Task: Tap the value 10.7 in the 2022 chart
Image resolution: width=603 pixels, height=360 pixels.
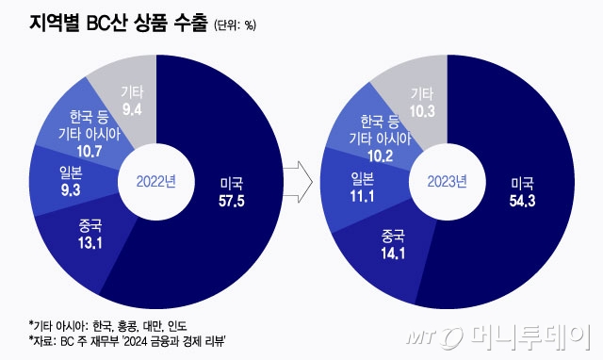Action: tap(85, 151)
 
